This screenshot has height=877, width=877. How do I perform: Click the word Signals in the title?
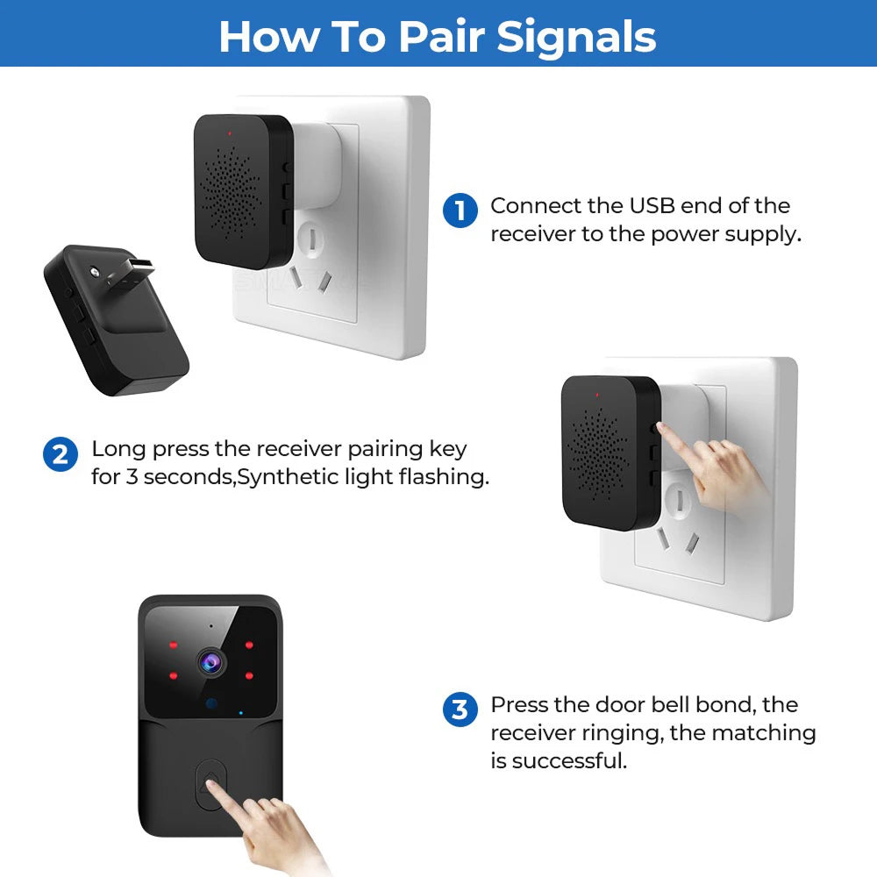(x=576, y=38)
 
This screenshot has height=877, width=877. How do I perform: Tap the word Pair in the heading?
(x=441, y=37)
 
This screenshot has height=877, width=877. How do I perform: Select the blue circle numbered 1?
(x=460, y=210)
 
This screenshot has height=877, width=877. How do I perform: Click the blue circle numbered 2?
(x=61, y=454)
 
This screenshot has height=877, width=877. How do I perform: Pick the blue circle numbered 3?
(x=460, y=709)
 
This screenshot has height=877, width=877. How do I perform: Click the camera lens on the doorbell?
(x=211, y=663)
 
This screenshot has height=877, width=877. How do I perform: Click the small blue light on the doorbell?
(x=241, y=713)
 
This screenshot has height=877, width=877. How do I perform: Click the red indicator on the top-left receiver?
(x=229, y=133)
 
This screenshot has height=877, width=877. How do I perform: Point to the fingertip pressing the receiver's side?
(x=660, y=427)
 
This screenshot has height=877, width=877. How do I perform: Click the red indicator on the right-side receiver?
(x=597, y=395)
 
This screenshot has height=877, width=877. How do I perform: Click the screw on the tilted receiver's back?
(x=95, y=272)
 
